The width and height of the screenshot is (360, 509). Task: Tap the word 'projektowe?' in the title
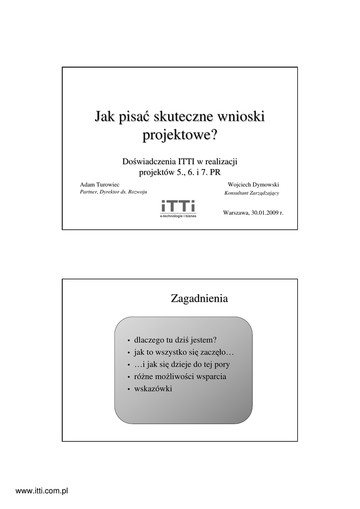(x=180, y=135)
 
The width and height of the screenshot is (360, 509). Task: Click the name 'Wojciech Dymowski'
(x=253, y=184)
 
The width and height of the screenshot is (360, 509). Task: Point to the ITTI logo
(x=178, y=206)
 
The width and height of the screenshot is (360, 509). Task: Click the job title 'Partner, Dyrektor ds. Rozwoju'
(x=114, y=192)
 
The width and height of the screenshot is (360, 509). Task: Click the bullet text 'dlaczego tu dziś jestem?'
(x=176, y=340)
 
